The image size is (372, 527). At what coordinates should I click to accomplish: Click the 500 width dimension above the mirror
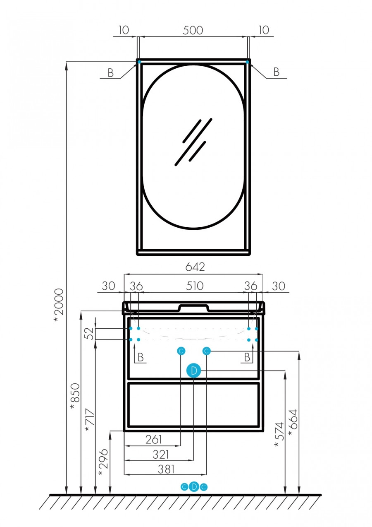(193, 31)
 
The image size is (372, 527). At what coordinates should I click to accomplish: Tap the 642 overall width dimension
(195, 267)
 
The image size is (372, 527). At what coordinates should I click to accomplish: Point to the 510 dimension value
(195, 286)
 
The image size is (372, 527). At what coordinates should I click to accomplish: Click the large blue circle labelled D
(193, 371)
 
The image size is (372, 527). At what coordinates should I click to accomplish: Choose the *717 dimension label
(89, 421)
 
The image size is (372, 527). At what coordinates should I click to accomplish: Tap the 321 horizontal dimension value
(160, 455)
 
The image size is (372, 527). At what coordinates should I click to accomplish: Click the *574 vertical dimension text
(279, 435)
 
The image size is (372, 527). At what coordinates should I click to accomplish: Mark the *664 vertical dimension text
(293, 422)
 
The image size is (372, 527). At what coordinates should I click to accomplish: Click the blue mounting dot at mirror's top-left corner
(139, 62)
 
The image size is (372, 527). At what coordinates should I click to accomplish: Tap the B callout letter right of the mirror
(276, 72)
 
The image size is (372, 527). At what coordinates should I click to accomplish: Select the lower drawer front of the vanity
(193, 404)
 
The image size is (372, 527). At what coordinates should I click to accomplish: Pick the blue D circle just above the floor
(194, 487)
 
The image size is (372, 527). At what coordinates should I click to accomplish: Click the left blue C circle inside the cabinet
(181, 351)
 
